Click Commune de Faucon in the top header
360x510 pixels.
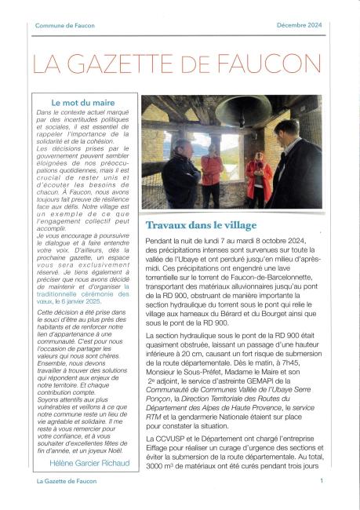click(x=65, y=26)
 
